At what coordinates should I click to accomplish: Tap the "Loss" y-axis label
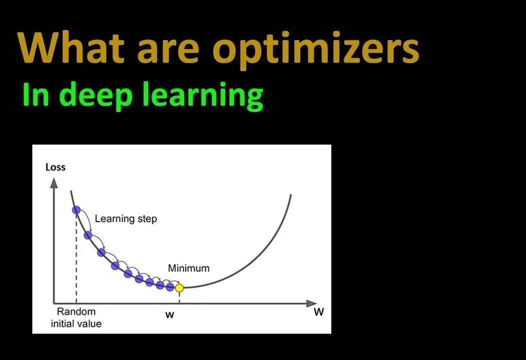click(56, 167)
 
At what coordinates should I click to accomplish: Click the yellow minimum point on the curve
click(180, 287)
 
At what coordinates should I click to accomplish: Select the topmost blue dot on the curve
click(77, 210)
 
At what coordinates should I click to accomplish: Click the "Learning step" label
click(126, 218)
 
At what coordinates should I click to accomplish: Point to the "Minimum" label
click(189, 268)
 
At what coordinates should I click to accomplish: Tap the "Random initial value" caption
click(76, 317)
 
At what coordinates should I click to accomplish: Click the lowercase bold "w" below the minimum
click(170, 315)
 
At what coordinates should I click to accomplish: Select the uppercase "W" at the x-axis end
click(319, 312)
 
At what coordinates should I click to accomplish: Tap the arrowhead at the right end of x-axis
click(311, 303)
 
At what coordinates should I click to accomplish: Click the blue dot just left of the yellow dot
click(170, 287)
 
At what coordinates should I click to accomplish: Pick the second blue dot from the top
click(88, 235)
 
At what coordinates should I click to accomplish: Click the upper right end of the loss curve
click(291, 194)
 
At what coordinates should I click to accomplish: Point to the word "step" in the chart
click(148, 219)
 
